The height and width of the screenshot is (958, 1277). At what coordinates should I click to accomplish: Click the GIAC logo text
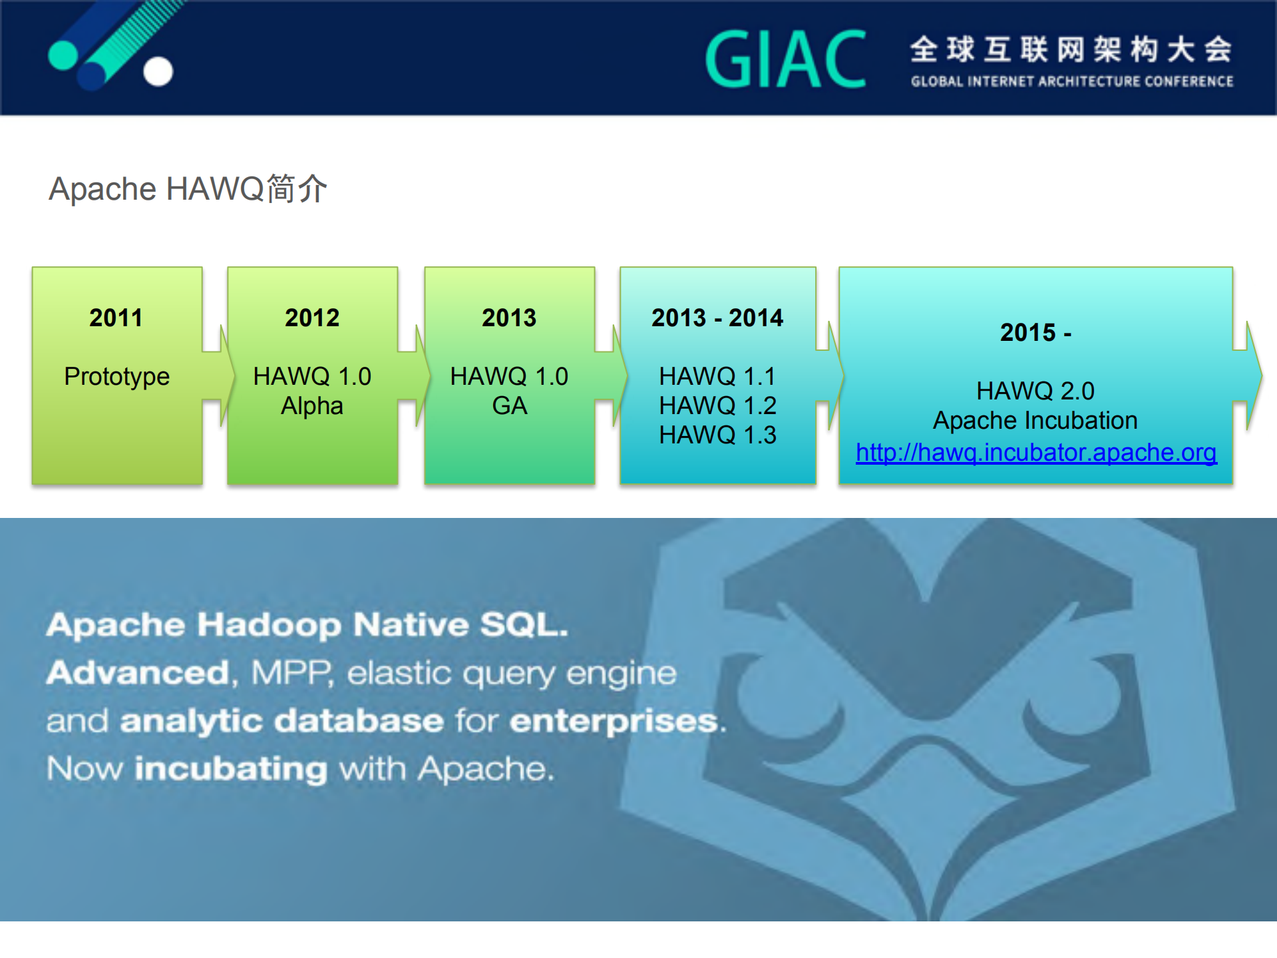click(x=785, y=60)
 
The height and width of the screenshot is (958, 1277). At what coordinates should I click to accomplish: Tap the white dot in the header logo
click(x=158, y=72)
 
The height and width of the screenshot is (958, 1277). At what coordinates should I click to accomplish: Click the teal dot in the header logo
click(x=63, y=55)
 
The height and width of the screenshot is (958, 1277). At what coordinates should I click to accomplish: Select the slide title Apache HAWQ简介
click(x=188, y=189)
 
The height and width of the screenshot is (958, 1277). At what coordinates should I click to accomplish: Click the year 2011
click(x=116, y=318)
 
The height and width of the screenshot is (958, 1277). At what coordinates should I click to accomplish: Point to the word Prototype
click(x=116, y=377)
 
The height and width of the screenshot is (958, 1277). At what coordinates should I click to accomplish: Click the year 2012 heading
click(x=312, y=318)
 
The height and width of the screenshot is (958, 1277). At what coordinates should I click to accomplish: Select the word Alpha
click(x=312, y=406)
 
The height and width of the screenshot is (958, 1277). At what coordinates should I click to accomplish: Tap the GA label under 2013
click(x=509, y=406)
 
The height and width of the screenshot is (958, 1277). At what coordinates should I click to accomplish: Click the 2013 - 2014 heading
click(x=717, y=318)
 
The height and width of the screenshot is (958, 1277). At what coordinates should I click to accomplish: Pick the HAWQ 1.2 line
click(x=717, y=405)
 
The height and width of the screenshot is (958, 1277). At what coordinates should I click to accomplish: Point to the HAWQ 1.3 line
click(x=717, y=435)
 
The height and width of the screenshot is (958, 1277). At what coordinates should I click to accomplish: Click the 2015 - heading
click(x=1035, y=332)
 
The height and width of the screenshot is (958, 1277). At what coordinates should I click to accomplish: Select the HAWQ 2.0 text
click(x=1035, y=391)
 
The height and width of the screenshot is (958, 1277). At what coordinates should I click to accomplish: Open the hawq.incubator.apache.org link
click(x=1036, y=453)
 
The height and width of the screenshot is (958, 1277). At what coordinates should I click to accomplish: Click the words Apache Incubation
click(x=1035, y=421)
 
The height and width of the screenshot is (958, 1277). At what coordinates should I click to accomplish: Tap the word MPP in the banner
click(x=291, y=673)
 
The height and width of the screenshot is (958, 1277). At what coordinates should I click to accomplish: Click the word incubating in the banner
click(x=231, y=769)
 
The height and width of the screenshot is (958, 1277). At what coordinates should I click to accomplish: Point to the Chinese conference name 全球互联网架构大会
click(x=1071, y=49)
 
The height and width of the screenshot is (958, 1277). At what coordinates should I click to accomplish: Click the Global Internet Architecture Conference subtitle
click(x=1071, y=81)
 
